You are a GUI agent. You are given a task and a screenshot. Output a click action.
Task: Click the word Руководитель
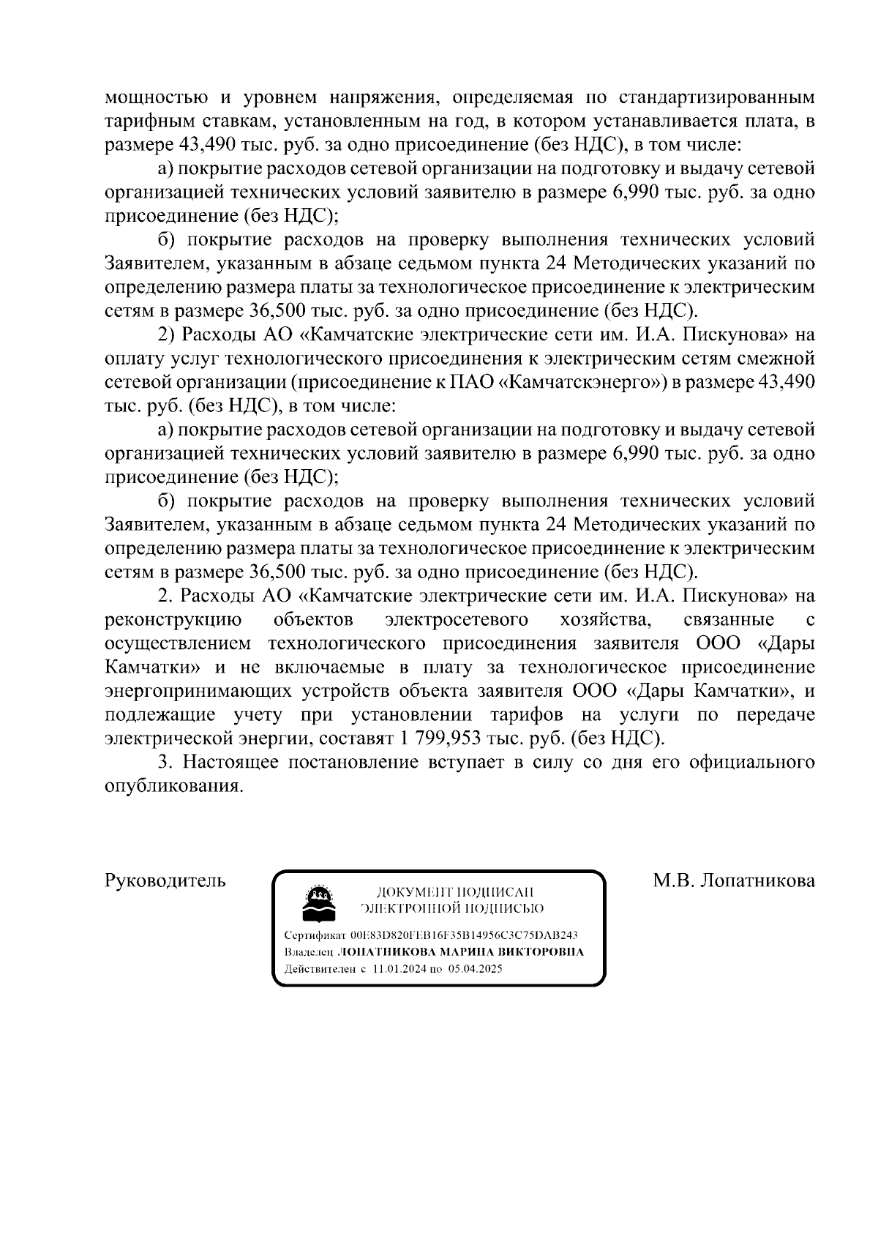(165, 880)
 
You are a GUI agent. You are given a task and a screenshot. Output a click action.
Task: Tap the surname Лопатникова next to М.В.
(757, 880)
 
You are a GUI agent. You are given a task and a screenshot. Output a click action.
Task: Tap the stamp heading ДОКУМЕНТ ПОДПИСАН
(454, 892)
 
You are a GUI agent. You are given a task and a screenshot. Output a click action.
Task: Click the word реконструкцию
(174, 619)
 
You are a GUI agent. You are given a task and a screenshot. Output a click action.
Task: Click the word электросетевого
(457, 619)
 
